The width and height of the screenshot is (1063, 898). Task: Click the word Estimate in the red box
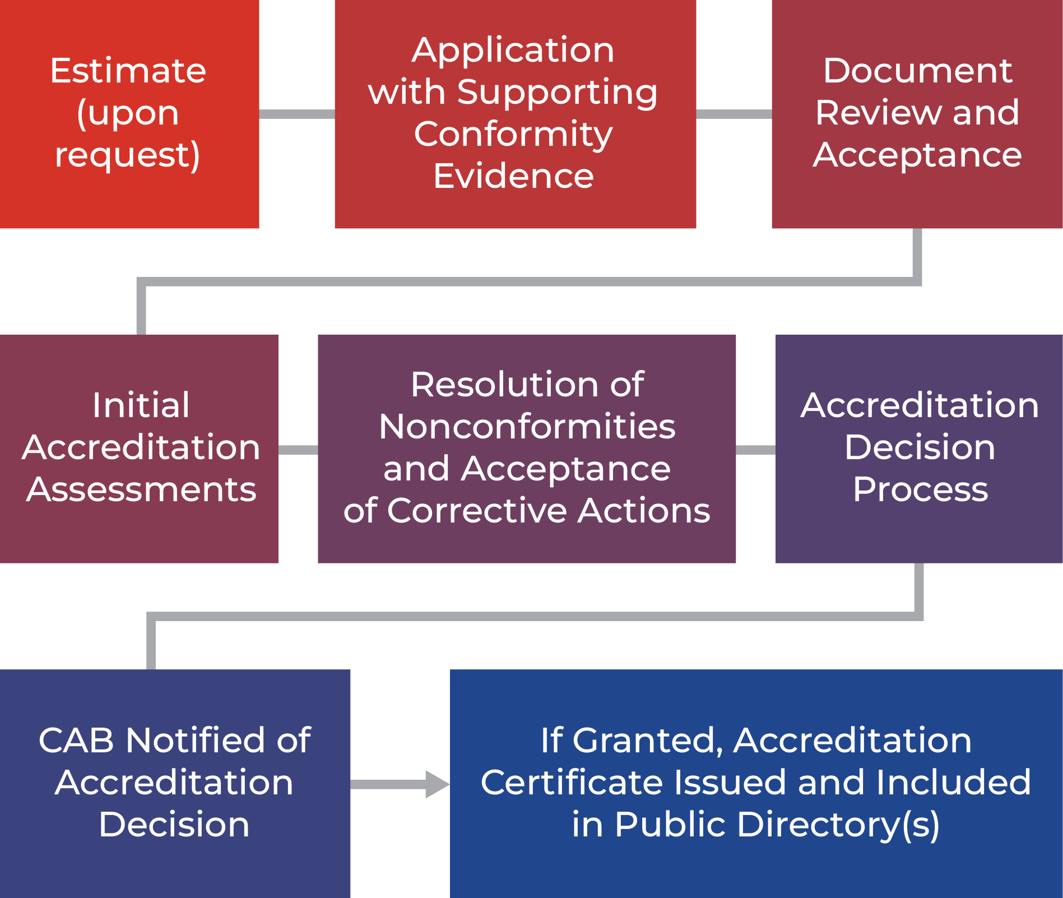point(128,71)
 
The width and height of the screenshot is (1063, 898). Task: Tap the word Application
point(513,50)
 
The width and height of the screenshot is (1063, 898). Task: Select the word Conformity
point(513,135)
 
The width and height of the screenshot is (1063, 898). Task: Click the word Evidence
point(513,176)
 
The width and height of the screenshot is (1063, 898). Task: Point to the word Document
point(918,71)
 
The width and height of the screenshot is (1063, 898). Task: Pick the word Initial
point(141,405)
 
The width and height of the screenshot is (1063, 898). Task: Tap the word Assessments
point(141,489)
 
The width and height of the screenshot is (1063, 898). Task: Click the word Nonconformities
point(527,427)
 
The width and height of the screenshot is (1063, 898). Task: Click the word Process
point(920,489)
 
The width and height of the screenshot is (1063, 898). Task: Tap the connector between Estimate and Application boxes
point(297,114)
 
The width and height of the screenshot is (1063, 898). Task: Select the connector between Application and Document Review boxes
point(734,114)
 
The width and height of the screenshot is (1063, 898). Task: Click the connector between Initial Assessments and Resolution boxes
point(298,450)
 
